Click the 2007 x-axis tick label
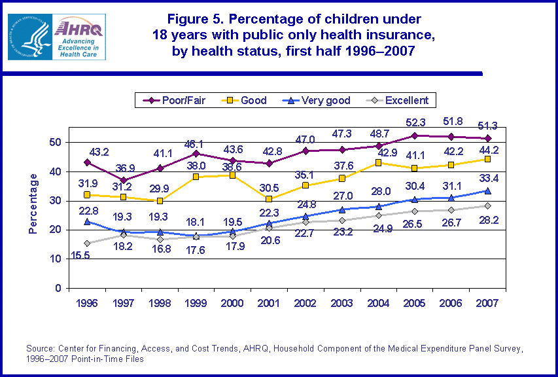point(486,304)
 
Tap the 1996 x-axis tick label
point(87,304)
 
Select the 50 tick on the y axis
point(58,143)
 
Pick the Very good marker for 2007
point(486,190)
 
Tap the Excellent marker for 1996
point(87,243)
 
